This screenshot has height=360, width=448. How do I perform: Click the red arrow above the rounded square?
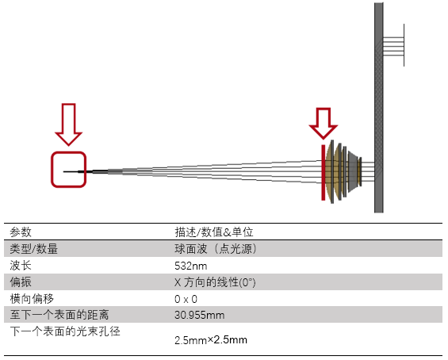[x=69, y=124]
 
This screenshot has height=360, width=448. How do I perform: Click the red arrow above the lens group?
[x=324, y=124]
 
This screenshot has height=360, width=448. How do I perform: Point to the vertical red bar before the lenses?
[x=324, y=173]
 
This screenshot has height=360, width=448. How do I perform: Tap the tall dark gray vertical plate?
[x=379, y=108]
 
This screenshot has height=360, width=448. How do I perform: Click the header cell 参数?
[x=21, y=232]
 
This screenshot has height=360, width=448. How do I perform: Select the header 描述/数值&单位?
[x=214, y=232]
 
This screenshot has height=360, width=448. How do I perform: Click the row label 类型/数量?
[x=34, y=248]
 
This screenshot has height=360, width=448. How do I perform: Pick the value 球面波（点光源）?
[x=216, y=248]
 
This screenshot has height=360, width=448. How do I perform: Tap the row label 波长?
[x=21, y=266]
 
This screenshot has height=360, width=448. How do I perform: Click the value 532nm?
[x=191, y=266]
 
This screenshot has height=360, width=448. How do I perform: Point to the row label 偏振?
[x=21, y=282]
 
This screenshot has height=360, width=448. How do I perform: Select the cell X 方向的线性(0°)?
[x=215, y=282]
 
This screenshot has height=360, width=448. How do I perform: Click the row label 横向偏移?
[x=32, y=299]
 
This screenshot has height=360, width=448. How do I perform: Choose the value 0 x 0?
[x=186, y=299]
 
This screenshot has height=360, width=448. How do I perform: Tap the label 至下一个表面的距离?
[x=59, y=315]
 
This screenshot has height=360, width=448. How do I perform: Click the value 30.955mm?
[x=200, y=315]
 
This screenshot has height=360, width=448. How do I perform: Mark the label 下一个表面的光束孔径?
[x=65, y=331]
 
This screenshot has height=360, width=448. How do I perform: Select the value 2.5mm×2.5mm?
[x=211, y=340]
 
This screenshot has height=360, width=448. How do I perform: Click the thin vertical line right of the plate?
[x=404, y=45]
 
